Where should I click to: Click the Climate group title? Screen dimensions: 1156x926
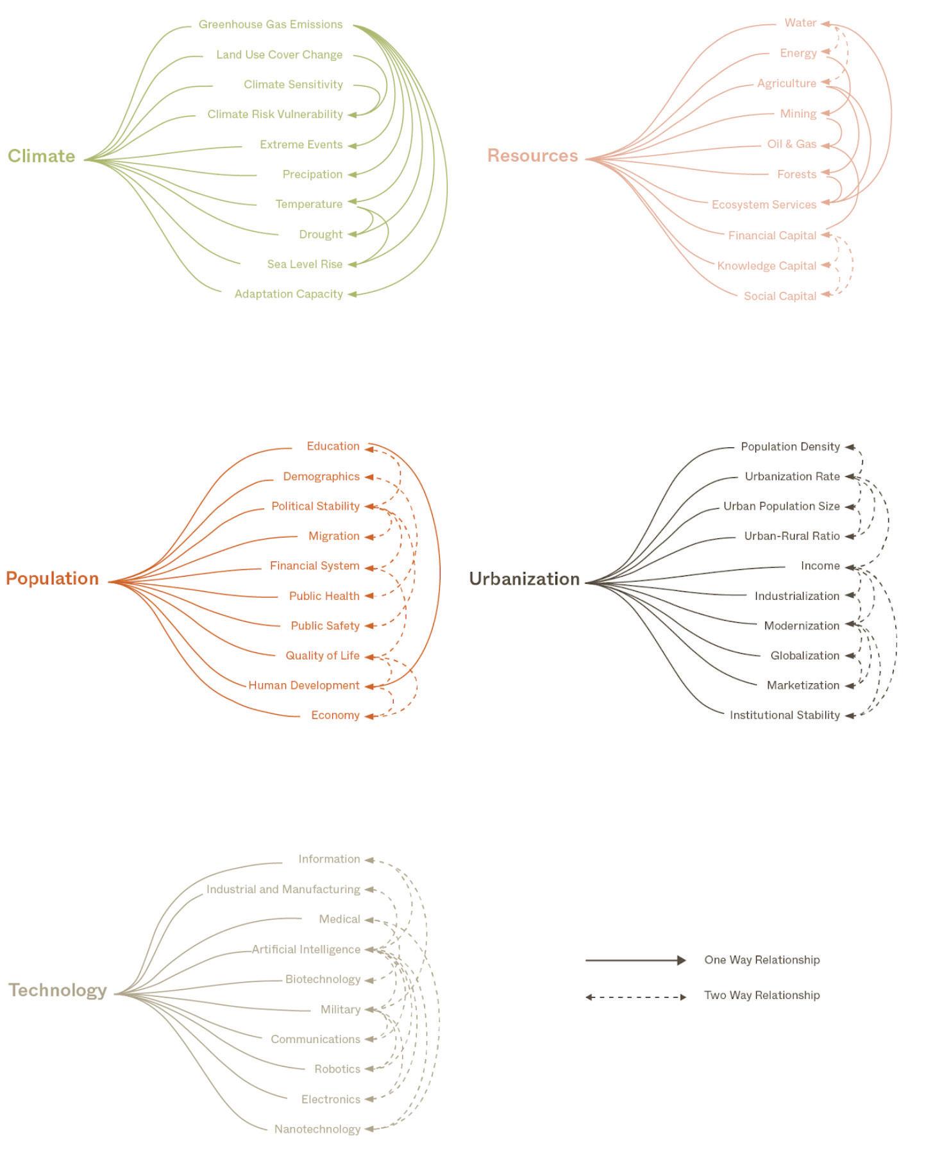41,156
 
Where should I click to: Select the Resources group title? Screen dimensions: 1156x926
532,156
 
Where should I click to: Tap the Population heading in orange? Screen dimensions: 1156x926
52,578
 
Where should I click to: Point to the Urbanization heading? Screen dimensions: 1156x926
524,579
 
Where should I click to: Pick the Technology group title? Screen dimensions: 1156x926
58,990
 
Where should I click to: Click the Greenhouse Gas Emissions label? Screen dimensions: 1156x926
271,24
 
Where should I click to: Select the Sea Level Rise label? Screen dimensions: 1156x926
305,264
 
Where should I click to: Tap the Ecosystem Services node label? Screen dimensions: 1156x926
764,205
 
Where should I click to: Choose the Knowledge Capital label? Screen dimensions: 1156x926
766,266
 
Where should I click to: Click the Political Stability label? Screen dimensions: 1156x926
315,506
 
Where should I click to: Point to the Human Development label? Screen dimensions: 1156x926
304,685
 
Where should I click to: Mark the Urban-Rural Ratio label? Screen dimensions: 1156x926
791,536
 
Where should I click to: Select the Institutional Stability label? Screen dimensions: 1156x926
784,715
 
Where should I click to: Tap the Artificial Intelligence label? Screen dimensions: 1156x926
306,949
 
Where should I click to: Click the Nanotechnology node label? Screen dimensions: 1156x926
317,1129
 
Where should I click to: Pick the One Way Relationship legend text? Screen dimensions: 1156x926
762,960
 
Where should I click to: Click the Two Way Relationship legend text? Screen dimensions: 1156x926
762,995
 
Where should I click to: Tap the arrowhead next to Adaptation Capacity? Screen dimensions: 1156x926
353,294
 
